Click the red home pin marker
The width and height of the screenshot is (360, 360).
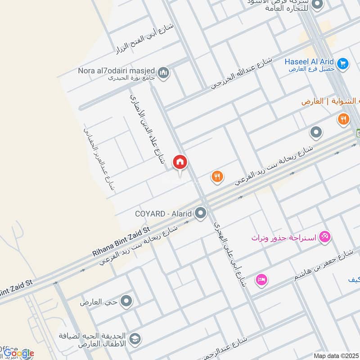coord(180,162)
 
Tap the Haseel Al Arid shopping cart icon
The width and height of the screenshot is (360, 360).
coord(343,63)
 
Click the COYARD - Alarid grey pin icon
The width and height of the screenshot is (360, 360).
coord(201,213)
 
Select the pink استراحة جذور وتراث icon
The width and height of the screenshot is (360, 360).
coord(324,236)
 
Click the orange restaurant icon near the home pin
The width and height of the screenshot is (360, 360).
coord(217,176)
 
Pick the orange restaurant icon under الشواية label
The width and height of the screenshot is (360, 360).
coord(343,119)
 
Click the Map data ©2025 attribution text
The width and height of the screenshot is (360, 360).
coord(335,355)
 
